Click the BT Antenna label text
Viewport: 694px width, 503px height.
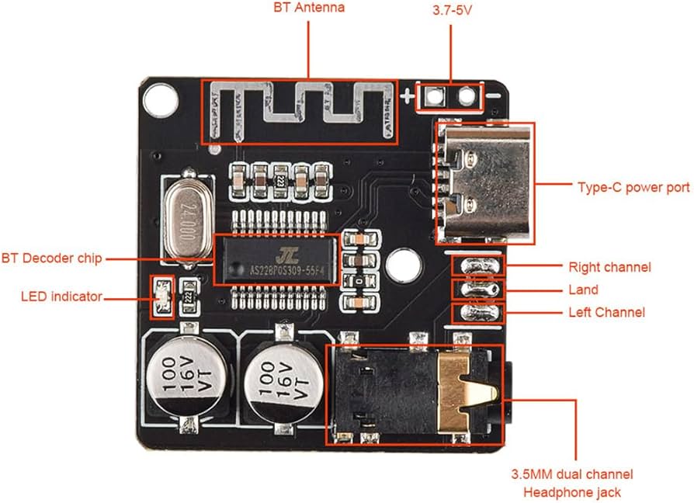click(x=309, y=9)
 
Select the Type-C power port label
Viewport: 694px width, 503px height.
click(x=633, y=187)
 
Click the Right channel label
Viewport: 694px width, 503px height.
click(x=609, y=267)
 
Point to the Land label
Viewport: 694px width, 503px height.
click(x=583, y=290)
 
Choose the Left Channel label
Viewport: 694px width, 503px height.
click(x=606, y=313)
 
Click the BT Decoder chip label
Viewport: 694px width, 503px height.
click(x=51, y=258)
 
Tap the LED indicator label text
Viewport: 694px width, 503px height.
click(x=61, y=297)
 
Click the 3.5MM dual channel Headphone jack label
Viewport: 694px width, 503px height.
click(x=571, y=483)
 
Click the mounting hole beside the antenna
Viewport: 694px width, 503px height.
click(x=161, y=98)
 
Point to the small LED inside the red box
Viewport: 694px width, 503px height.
click(x=162, y=297)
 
